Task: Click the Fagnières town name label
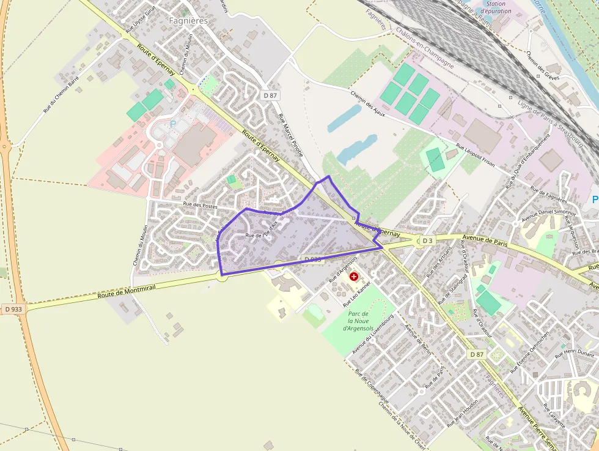[188, 20]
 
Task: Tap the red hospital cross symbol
[354, 277]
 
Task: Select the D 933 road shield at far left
[13, 310]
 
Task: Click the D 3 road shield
[427, 240]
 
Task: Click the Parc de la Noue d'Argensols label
[355, 321]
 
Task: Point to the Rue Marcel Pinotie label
[291, 138]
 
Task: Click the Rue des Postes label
[200, 205]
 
